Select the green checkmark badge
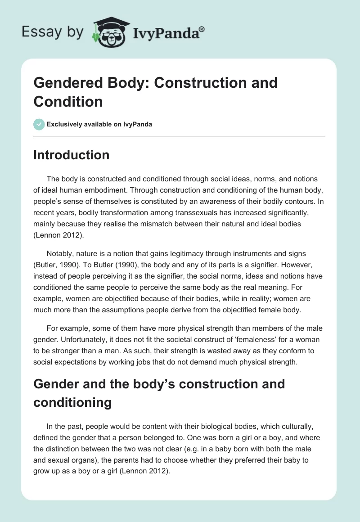39,124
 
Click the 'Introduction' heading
72,155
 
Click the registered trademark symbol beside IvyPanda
202,29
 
